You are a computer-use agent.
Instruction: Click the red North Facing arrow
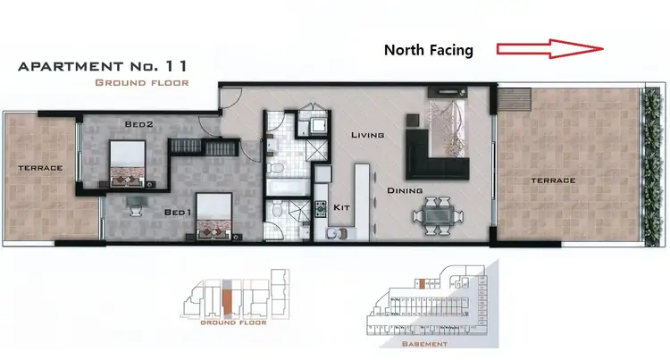click(x=550, y=50)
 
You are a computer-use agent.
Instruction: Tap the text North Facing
click(x=428, y=51)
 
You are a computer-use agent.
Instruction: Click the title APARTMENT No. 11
click(x=103, y=65)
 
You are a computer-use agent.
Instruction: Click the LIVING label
click(x=367, y=136)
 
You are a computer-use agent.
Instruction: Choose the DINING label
click(x=404, y=190)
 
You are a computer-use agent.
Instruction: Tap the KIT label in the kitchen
click(x=340, y=207)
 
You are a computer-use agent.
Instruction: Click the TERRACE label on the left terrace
click(x=41, y=168)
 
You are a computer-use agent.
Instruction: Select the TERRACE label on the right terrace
click(x=554, y=180)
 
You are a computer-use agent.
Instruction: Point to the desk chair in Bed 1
click(x=136, y=209)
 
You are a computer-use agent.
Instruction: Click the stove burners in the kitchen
click(x=320, y=210)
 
